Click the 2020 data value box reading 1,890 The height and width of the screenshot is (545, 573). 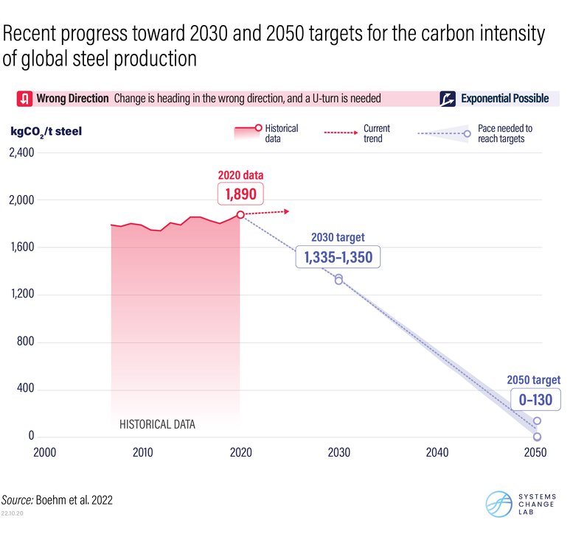pyautogui.click(x=240, y=194)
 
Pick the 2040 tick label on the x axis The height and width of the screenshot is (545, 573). pyautogui.click(x=437, y=452)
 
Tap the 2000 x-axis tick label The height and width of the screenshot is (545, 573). pyautogui.click(x=44, y=452)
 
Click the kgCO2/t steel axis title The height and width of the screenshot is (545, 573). pyautogui.click(x=46, y=132)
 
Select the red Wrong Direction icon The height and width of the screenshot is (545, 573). pyautogui.click(x=24, y=99)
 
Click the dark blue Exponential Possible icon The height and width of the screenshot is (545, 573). pyautogui.click(x=447, y=99)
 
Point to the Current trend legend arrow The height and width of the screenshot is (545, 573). pyautogui.click(x=340, y=133)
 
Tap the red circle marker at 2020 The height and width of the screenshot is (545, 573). pyautogui.click(x=240, y=214)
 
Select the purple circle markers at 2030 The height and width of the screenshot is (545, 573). pyautogui.click(x=338, y=279)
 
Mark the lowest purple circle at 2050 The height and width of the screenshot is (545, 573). pyautogui.click(x=537, y=437)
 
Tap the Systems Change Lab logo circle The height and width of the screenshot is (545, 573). pyautogui.click(x=499, y=503)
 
